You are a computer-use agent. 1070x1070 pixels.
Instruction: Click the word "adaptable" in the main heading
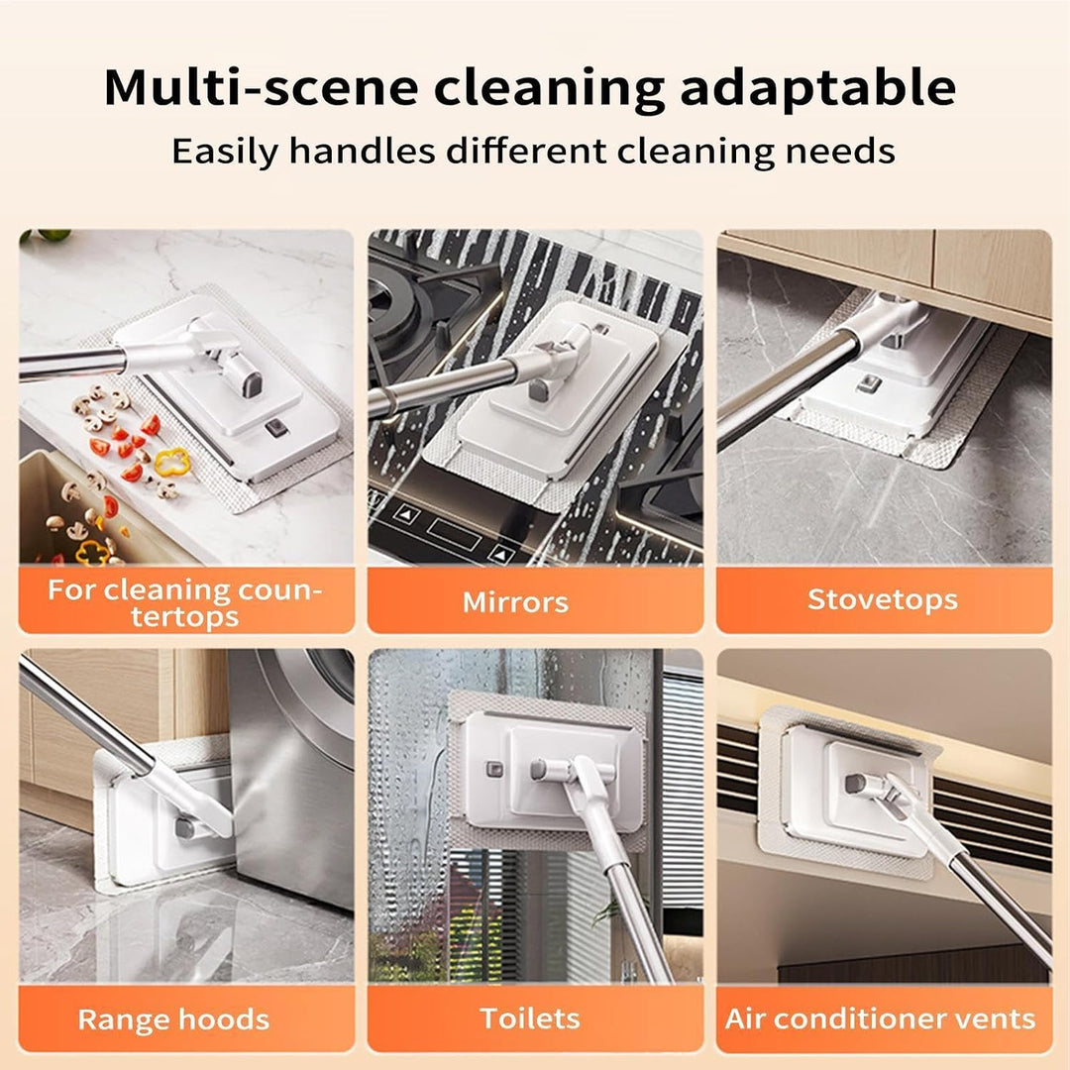click(817, 89)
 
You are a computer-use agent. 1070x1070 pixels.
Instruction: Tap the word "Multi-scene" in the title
click(261, 87)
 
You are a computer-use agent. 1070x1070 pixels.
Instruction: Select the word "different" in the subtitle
click(526, 151)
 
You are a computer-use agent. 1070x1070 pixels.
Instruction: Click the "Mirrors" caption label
click(515, 602)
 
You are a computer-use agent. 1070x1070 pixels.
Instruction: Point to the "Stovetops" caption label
click(883, 599)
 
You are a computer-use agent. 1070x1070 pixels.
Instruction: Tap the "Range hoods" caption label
click(173, 1018)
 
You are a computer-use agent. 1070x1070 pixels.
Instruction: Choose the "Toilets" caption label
click(529, 1017)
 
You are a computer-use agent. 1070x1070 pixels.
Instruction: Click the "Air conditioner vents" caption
click(881, 1018)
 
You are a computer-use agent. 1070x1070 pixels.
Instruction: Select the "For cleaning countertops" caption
click(184, 602)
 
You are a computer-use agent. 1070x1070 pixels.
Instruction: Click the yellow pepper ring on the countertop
click(171, 462)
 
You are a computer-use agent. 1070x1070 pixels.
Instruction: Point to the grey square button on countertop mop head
click(276, 428)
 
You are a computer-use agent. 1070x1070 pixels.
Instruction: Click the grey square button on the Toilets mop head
click(494, 770)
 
